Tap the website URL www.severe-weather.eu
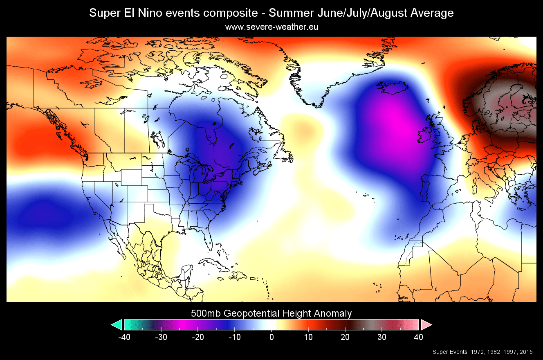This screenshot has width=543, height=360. point(271,27)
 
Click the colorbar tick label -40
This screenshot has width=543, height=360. point(124,337)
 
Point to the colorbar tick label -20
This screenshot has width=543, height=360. point(197,337)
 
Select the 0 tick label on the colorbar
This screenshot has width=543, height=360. point(271,337)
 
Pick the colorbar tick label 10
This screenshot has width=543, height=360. point(308,337)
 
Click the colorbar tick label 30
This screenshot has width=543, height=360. point(382,337)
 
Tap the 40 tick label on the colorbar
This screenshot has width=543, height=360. point(419,337)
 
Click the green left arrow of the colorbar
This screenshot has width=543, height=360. point(117,325)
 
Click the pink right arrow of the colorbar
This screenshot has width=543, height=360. point(426,325)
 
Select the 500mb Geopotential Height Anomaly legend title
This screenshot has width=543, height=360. point(271,314)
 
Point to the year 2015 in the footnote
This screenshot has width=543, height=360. point(527,352)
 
